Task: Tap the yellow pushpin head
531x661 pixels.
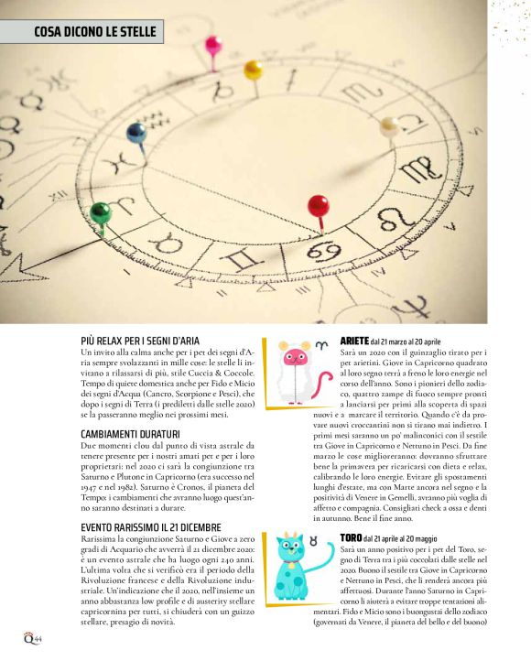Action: (x=254, y=68)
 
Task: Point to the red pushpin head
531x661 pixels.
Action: (x=318, y=203)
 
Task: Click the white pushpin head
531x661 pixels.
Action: (x=389, y=125)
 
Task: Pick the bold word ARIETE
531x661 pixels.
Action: (x=354, y=341)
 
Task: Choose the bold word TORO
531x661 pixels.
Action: (x=351, y=537)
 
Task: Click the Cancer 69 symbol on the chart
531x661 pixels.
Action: (x=324, y=251)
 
